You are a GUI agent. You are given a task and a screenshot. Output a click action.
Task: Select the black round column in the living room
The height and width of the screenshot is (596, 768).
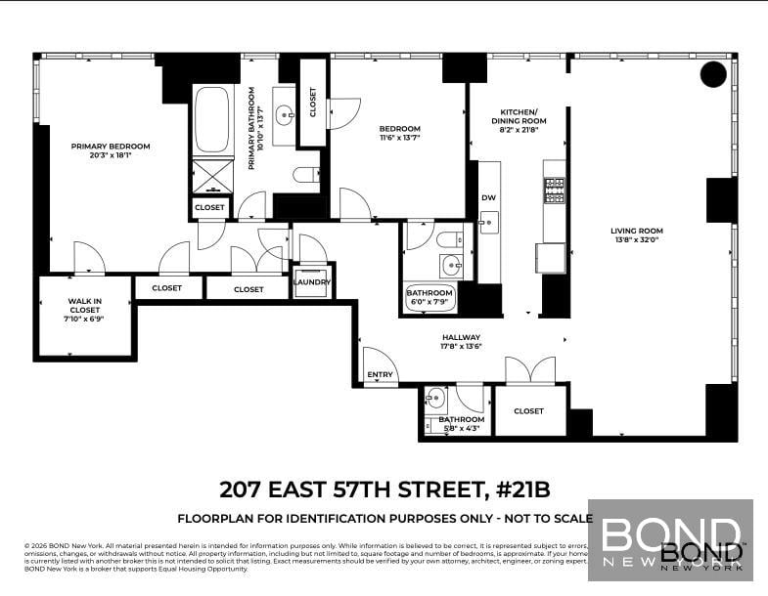tap(715, 74)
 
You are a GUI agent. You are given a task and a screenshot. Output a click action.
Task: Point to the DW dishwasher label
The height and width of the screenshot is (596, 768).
tap(488, 198)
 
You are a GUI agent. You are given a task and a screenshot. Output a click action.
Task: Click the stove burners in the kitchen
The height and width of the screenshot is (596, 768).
tap(554, 189)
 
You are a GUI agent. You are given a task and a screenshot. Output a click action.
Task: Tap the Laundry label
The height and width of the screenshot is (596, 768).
tap(313, 282)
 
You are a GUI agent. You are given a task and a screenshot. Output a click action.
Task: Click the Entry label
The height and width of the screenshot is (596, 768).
tap(380, 375)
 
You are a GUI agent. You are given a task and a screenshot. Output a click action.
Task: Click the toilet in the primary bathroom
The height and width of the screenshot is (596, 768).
tap(306, 176)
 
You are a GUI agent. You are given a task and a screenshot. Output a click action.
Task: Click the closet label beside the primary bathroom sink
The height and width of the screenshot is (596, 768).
tap(313, 103)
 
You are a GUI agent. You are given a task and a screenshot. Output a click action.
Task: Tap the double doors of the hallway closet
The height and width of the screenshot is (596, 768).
tap(529, 372)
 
